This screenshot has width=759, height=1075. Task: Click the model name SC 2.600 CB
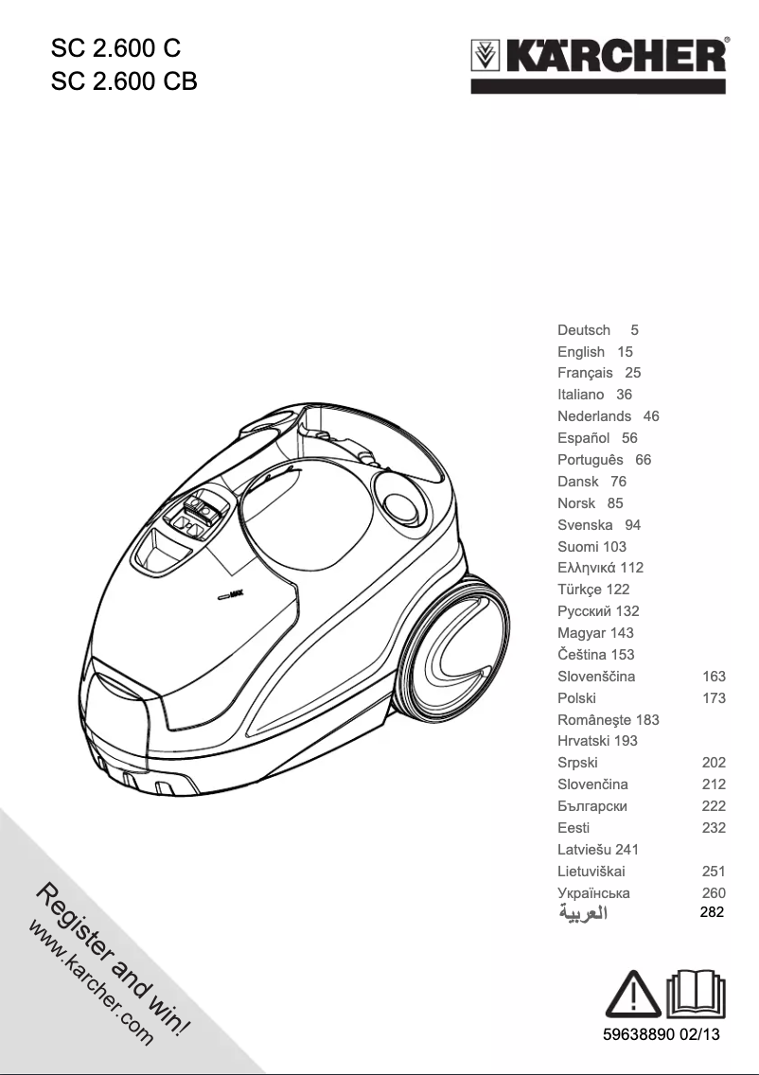123,81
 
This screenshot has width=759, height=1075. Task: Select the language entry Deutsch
584,330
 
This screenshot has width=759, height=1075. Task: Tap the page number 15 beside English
625,352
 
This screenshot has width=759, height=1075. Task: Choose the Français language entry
585,373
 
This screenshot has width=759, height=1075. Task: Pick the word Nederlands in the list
594,416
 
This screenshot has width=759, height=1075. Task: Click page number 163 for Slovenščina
714,677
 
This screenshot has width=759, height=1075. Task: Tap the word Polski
577,698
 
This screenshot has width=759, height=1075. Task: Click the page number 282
712,913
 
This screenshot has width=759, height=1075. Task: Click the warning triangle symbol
632,994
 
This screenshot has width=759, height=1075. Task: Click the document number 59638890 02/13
662,1035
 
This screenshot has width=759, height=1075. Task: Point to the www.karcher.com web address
91,984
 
